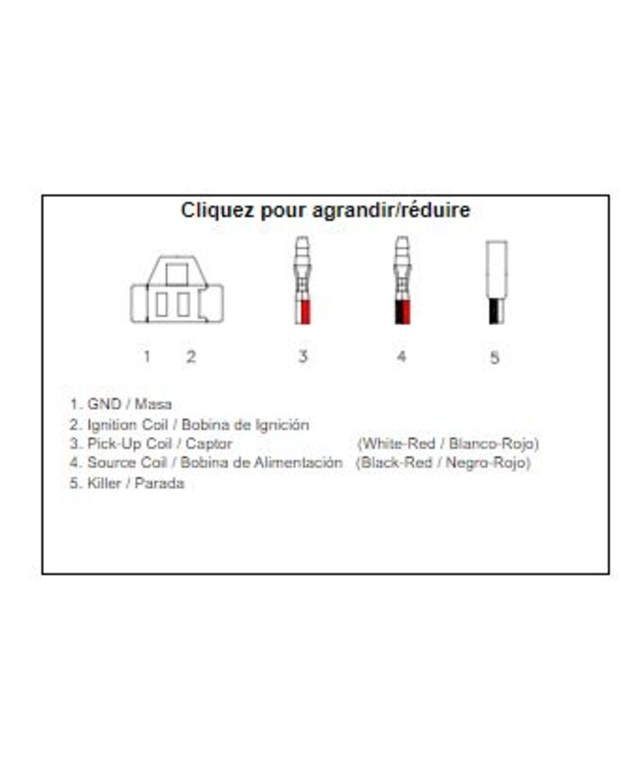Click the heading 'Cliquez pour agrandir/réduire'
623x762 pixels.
pyautogui.click(x=326, y=210)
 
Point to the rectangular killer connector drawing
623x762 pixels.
pyautogui.click(x=496, y=282)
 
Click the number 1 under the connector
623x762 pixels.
pyautogui.click(x=146, y=357)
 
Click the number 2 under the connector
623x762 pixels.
pyautogui.click(x=191, y=357)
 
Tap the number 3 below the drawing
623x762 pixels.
pyautogui.click(x=302, y=357)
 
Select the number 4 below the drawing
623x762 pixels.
pyautogui.click(x=401, y=357)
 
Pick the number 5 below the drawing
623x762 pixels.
pyautogui.click(x=495, y=358)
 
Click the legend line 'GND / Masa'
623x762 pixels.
pyautogui.click(x=121, y=404)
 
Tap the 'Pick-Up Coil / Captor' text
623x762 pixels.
pyautogui.click(x=152, y=444)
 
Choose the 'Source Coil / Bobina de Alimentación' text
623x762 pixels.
pyautogui.click(x=206, y=463)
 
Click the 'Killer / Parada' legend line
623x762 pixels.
pyautogui.click(x=128, y=483)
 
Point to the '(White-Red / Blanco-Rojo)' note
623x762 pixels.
pyautogui.click(x=448, y=444)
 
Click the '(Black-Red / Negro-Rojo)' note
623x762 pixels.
pyautogui.click(x=443, y=463)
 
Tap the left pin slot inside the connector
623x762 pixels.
pyautogui.click(x=161, y=304)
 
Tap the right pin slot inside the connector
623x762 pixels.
pyautogui.click(x=184, y=304)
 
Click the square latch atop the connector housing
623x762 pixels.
pyautogui.click(x=177, y=273)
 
